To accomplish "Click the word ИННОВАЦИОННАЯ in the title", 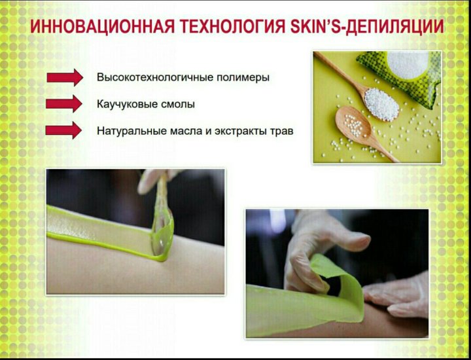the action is coord(102,26).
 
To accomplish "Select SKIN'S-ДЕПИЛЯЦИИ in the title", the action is coord(367,26).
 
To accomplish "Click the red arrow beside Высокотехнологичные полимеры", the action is coord(65,77).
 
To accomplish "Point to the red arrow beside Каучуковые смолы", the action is coord(64,103).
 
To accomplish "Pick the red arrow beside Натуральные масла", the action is coord(63,130).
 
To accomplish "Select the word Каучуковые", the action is coord(127,104).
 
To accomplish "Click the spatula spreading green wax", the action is coord(162,217).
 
